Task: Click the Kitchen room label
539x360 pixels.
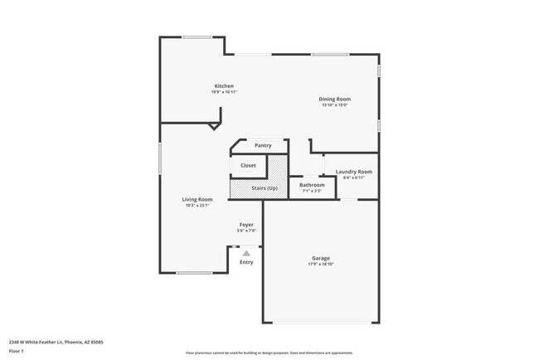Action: coord(224,86)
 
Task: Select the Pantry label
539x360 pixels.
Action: coord(263,146)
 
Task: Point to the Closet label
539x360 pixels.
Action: coord(249,166)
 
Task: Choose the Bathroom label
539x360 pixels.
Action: coord(313,185)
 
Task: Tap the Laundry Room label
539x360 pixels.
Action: coord(354,172)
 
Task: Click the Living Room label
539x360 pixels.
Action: coord(198,199)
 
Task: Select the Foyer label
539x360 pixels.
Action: coord(246,225)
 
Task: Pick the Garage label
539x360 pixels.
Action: coord(321,258)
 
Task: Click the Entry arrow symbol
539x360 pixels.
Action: coord(246,253)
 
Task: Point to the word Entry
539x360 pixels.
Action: coord(246,263)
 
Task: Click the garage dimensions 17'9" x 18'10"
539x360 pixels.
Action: coord(321,265)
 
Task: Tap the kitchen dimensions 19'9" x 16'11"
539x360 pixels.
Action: coord(224,92)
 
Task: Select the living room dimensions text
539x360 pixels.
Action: coord(198,206)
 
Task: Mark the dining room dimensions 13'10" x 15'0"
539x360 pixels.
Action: coord(335,105)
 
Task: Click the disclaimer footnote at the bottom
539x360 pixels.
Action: coord(269,353)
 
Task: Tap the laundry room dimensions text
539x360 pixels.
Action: coord(354,178)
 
